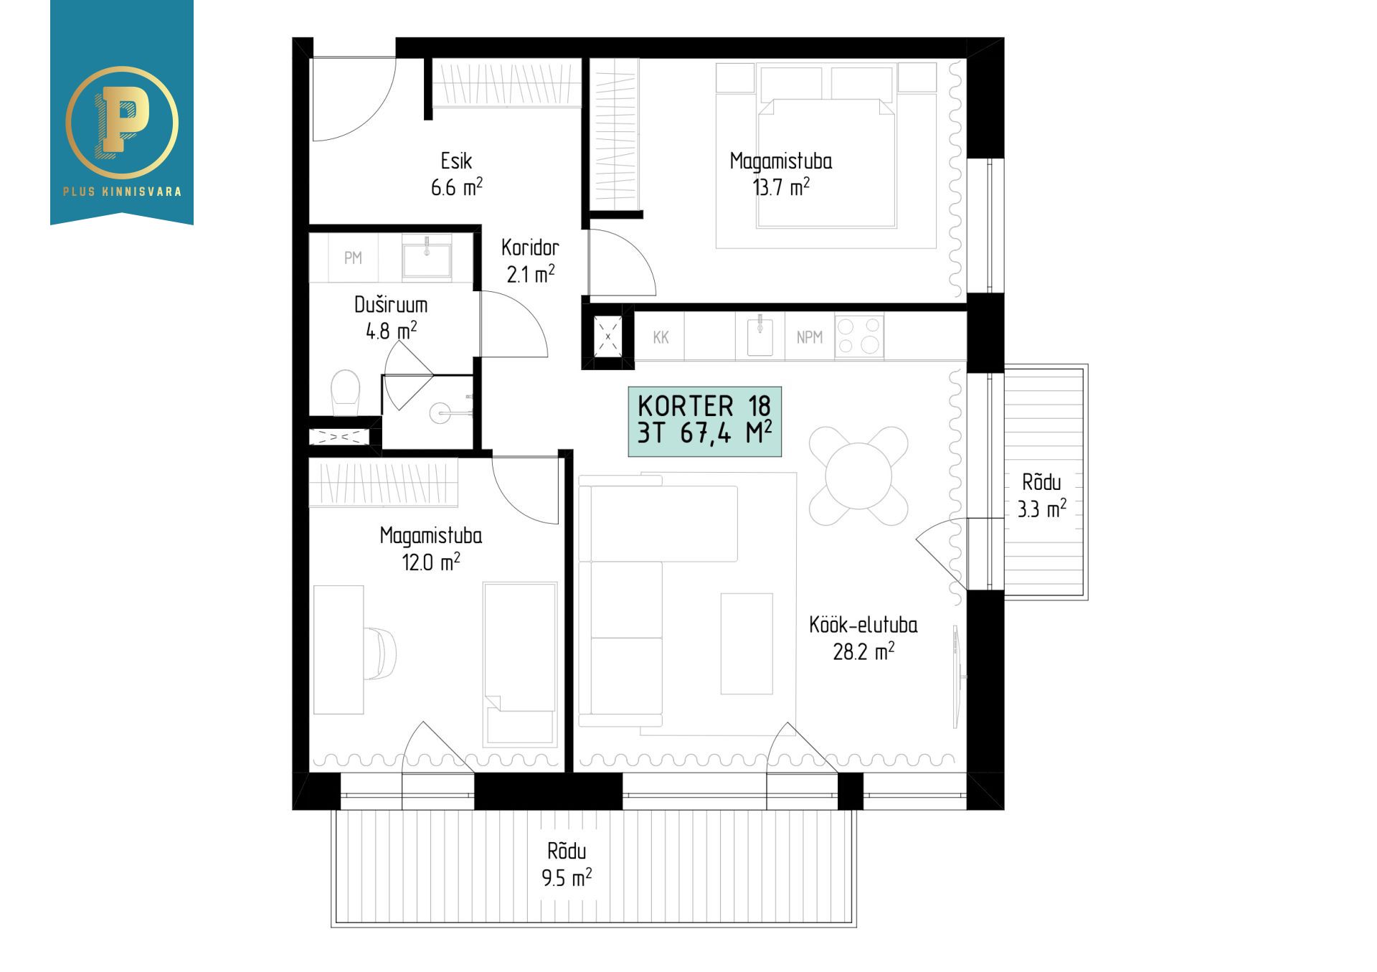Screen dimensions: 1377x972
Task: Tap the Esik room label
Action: coord(457,160)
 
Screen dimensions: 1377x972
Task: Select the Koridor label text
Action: coord(530,247)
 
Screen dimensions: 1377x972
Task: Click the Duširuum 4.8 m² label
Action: coord(391,318)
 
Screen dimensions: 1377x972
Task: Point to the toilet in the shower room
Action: coord(346,392)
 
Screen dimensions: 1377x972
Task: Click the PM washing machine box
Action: coord(353,258)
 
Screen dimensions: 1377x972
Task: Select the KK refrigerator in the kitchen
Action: coord(661,336)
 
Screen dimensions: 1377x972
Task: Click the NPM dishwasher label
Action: coord(810,336)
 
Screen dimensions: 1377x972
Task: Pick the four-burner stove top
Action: coord(859,336)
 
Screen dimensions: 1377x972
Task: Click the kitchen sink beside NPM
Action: coord(760,336)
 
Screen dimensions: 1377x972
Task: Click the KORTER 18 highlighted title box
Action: coord(705,422)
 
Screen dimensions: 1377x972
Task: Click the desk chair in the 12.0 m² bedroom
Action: coord(381,653)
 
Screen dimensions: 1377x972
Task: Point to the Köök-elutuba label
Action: coord(863,625)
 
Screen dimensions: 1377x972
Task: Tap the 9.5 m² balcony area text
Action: coord(567,877)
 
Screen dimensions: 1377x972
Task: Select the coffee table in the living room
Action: coord(747,643)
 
